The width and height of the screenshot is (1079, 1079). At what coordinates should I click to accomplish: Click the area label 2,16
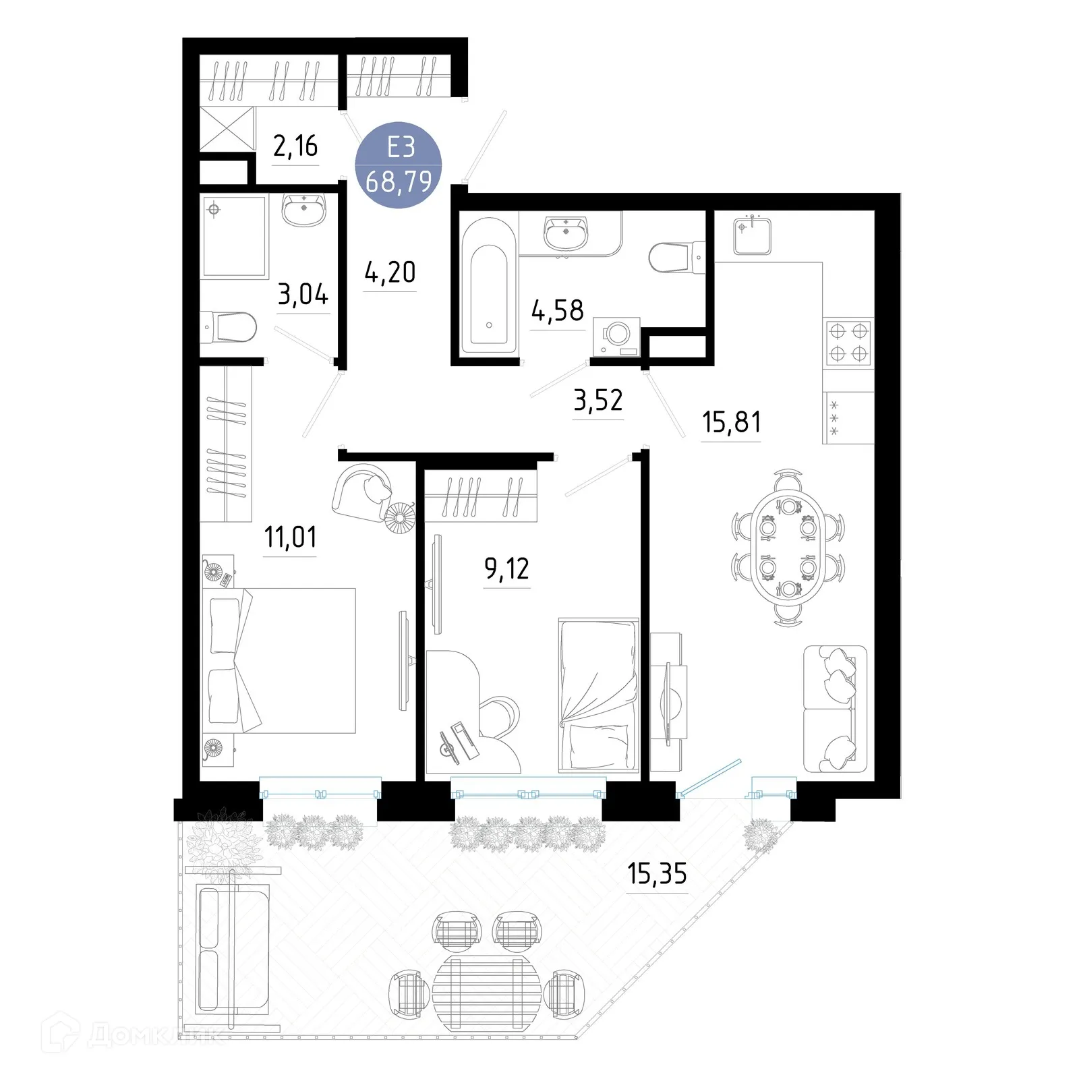point(295,146)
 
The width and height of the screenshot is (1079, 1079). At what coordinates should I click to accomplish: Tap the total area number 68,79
point(399,181)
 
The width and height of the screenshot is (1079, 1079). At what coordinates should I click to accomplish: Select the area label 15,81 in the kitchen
point(731,422)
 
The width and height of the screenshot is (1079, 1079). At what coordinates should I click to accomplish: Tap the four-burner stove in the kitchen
point(848,342)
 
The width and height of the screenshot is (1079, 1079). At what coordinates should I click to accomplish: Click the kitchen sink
point(752,233)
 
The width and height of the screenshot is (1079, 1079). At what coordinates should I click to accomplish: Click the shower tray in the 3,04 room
point(233,236)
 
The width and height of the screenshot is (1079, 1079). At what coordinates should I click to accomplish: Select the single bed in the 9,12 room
point(598,695)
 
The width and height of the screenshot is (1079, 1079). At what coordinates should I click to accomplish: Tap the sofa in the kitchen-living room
point(834,708)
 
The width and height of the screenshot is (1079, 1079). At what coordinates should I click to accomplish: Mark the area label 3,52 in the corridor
point(597,401)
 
